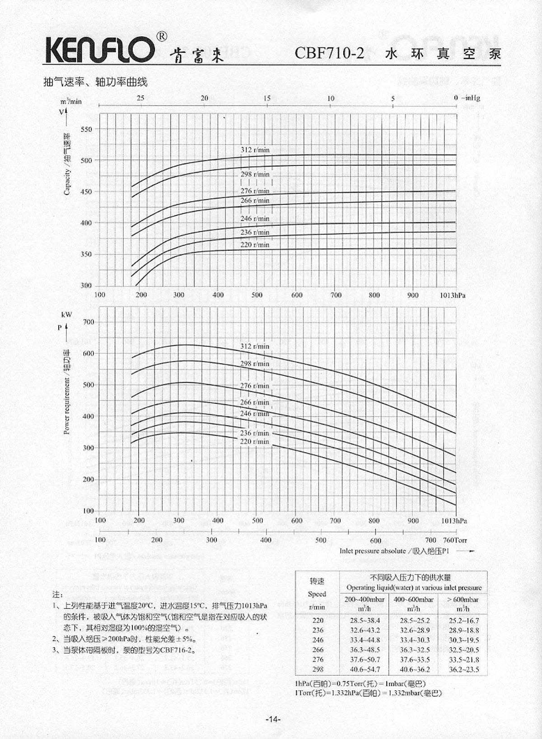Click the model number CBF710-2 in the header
[329, 53]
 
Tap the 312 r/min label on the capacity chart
[255, 150]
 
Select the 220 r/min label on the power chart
[255, 441]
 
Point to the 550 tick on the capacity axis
[86, 129]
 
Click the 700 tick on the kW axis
[89, 322]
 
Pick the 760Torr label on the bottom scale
[455, 540]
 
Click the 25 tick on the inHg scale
[140, 98]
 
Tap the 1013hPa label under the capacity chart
[453, 295]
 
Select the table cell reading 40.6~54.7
[365, 669]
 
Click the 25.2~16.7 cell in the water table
[464, 621]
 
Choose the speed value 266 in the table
[318, 650]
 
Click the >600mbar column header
[463, 600]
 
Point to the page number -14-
[273, 719]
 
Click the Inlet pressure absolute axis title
[394, 551]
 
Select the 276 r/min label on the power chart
[255, 386]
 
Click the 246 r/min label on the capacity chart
[255, 219]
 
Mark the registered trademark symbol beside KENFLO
[161, 36]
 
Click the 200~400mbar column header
[364, 600]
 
